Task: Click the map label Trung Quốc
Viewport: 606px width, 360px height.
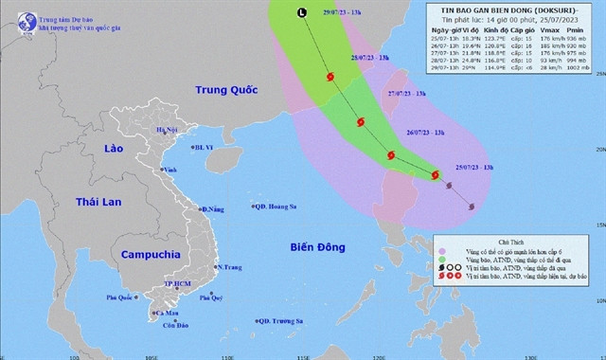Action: tap(202, 92)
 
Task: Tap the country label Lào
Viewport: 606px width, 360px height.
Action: tap(120, 150)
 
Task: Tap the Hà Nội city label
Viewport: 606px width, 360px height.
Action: tap(167, 130)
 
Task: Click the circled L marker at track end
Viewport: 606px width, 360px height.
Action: tap(302, 13)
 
